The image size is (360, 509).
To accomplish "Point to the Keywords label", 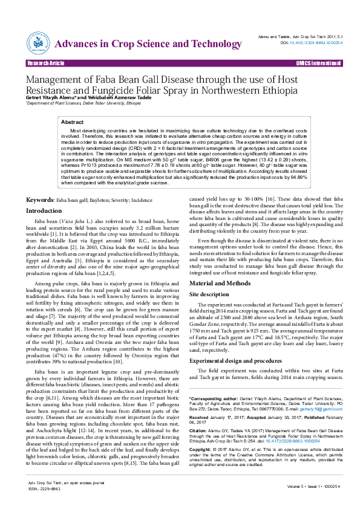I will pos(39,183).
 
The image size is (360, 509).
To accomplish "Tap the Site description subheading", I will pos(210,294).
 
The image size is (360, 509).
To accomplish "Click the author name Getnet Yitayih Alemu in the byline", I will pos(50,97).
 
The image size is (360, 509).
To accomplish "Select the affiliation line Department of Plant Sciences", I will pos(83,103).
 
